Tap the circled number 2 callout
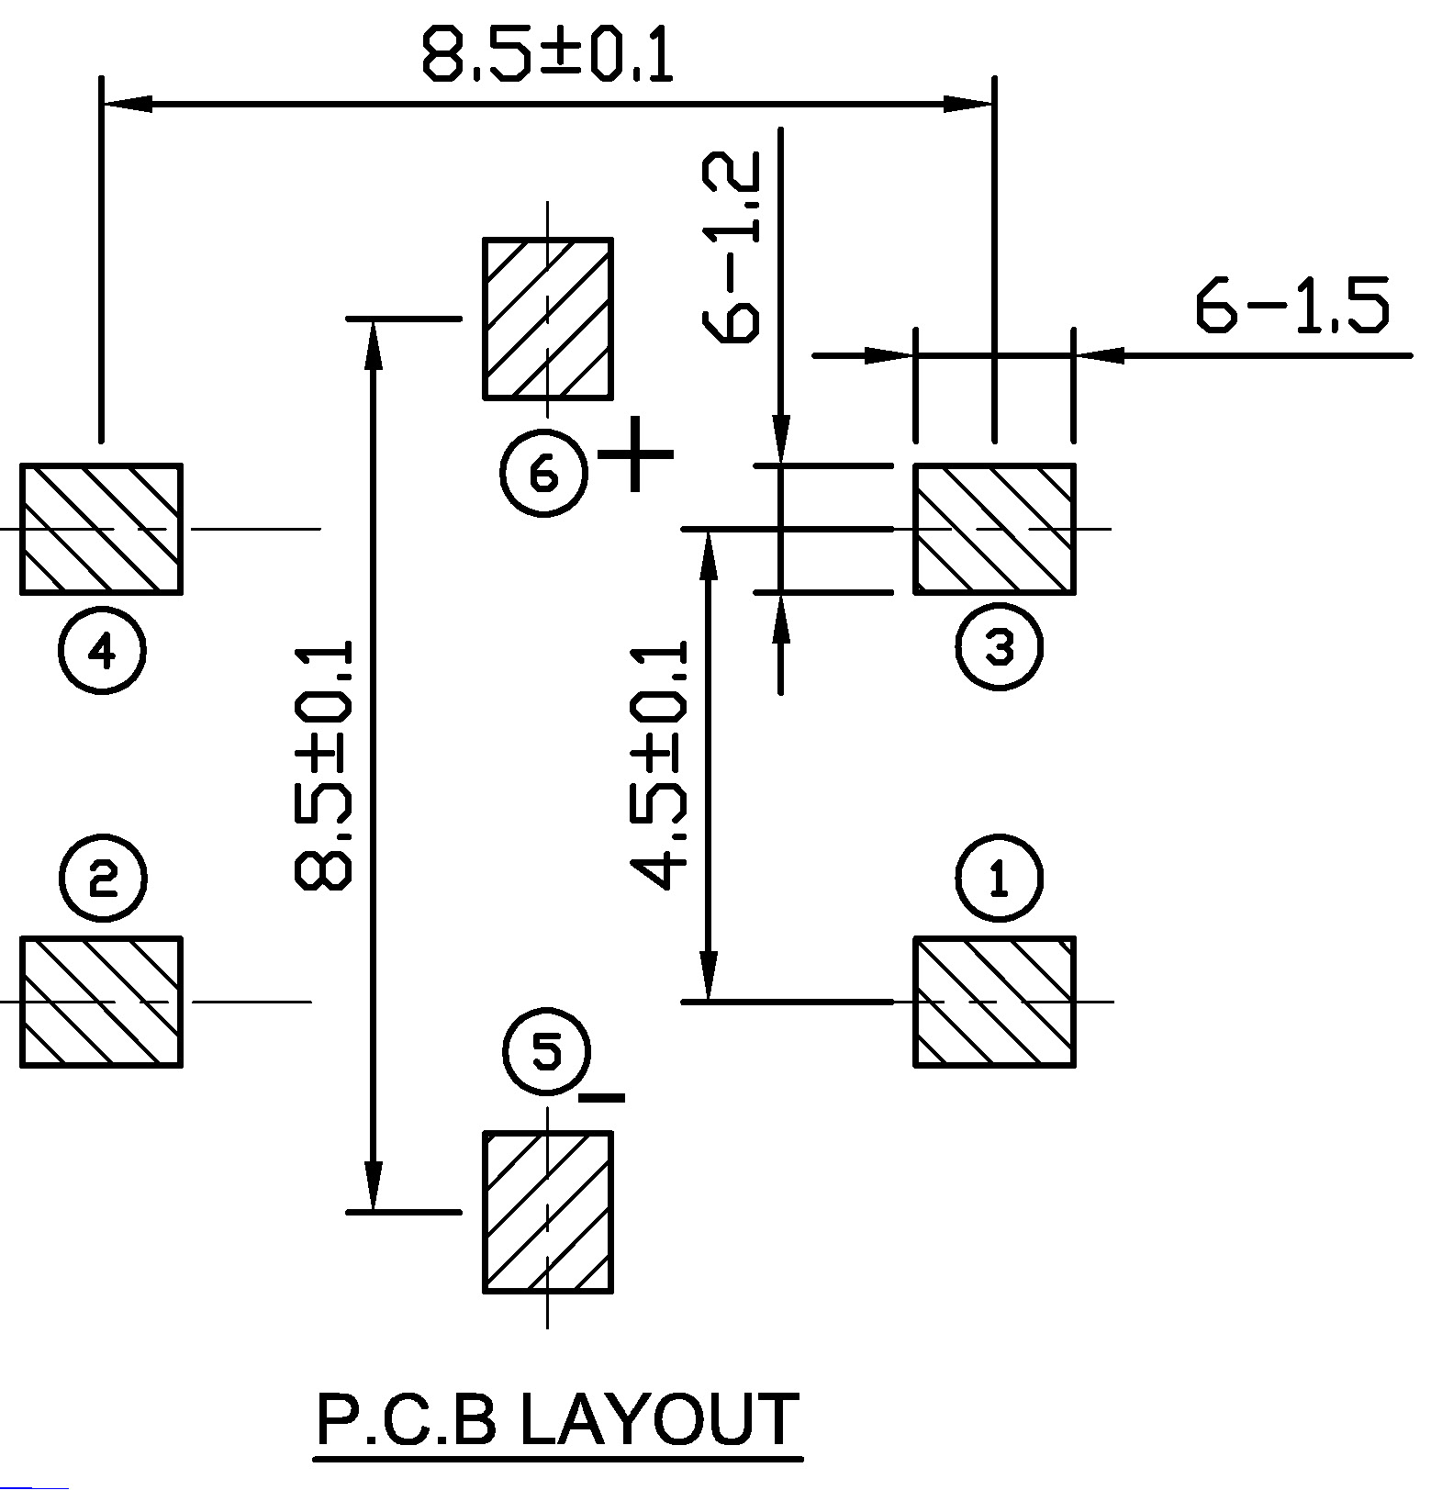[102, 879]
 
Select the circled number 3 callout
[999, 647]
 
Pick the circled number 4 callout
[102, 651]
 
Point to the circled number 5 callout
[547, 1052]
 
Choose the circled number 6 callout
[543, 474]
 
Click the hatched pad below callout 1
[994, 1002]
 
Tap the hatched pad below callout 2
[101, 1002]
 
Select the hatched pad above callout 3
[994, 529]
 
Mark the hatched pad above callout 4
[101, 529]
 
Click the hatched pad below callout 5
[547, 1212]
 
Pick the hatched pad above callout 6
[547, 319]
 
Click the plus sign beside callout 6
[635, 454]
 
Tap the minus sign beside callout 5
[603, 1097]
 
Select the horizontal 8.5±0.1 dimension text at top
[548, 55]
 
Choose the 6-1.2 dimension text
[732, 248]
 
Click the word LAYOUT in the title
[657, 1418]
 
